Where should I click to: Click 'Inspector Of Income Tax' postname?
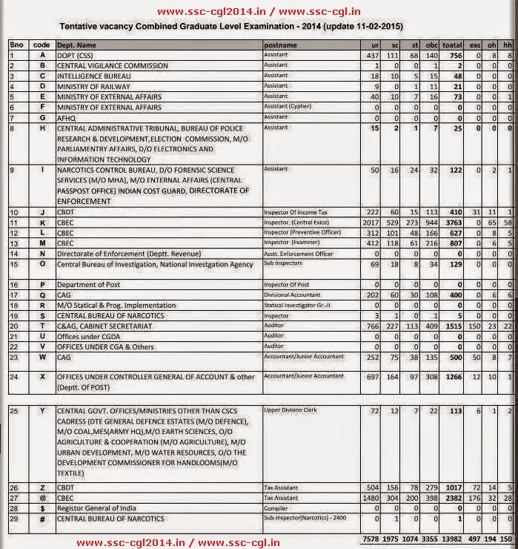[296, 212]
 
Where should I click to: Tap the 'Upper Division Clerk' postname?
[291, 410]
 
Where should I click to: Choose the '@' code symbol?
[42, 498]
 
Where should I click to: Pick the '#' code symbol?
[42, 518]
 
